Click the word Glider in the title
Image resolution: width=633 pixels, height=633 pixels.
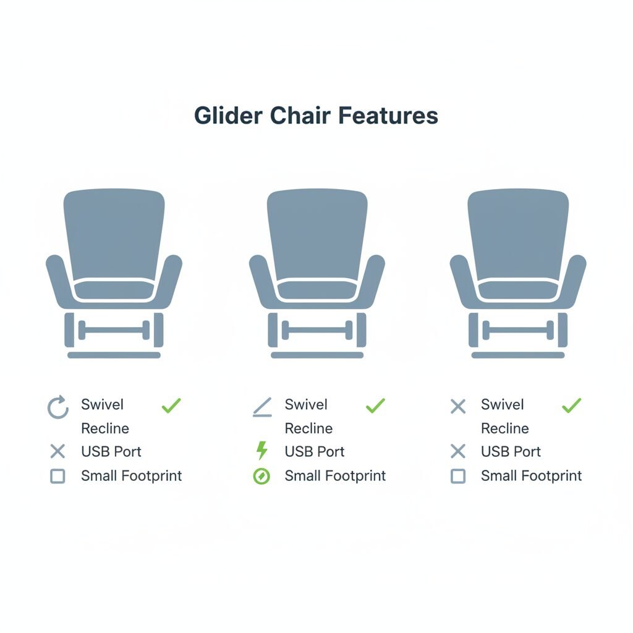[228, 116]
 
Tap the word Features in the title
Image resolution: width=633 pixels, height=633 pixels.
[388, 116]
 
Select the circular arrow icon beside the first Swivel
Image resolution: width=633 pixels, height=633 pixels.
[57, 407]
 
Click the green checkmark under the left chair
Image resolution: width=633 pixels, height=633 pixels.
[171, 406]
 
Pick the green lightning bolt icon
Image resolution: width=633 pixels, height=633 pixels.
[262, 450]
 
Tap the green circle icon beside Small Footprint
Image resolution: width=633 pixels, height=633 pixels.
[261, 477]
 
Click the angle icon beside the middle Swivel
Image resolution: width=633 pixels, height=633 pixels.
[262, 407]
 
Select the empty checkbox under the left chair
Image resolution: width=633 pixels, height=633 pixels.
[57, 477]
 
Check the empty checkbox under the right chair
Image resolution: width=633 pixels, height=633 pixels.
[458, 477]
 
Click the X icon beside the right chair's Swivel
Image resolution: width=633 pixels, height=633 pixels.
[458, 407]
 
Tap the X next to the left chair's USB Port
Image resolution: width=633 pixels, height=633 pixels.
[57, 451]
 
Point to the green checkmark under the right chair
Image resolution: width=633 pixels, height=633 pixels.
[572, 406]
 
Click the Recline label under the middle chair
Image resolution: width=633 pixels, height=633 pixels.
[308, 428]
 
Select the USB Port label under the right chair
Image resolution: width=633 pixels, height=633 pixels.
[511, 451]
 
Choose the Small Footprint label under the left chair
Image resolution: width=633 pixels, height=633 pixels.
[131, 476]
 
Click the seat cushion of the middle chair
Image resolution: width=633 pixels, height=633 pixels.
[317, 290]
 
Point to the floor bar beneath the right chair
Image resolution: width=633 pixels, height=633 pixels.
[518, 355]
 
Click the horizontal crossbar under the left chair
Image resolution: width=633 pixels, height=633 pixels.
[114, 330]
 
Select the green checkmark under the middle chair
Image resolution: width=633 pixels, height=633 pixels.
[375, 406]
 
